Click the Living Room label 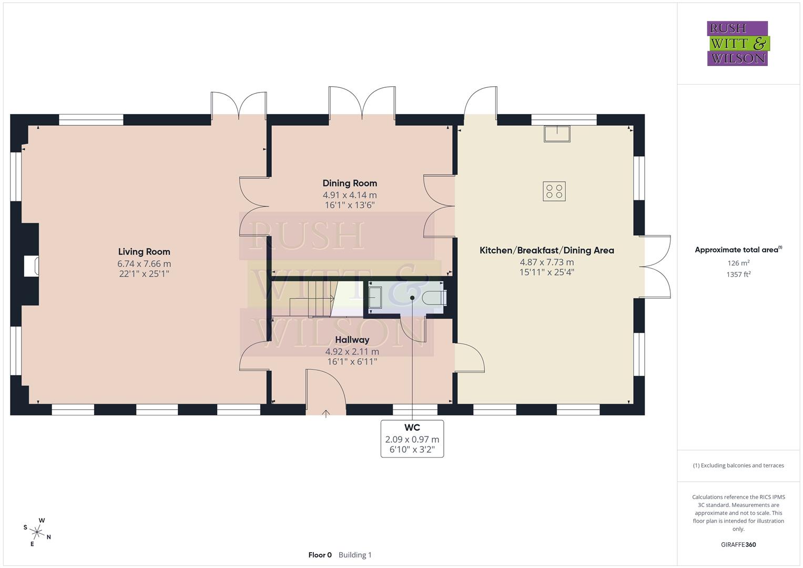pyautogui.click(x=144, y=252)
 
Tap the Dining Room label pyautogui.click(x=350, y=184)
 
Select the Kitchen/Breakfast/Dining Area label pyautogui.click(x=546, y=250)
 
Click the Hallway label pyautogui.click(x=352, y=340)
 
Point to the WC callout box pyautogui.click(x=412, y=439)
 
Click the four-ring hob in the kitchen pyautogui.click(x=554, y=191)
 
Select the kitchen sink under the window pyautogui.click(x=557, y=134)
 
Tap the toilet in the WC pyautogui.click(x=434, y=298)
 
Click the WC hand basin pyautogui.click(x=375, y=297)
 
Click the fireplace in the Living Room pyautogui.click(x=32, y=266)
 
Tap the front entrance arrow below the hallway pyautogui.click(x=326, y=413)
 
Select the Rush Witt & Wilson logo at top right pyautogui.click(x=737, y=44)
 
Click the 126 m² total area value pyautogui.click(x=738, y=263)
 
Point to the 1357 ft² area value pyautogui.click(x=738, y=274)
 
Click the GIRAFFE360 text pyautogui.click(x=738, y=545)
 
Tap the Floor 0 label pyautogui.click(x=320, y=555)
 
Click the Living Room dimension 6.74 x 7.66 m pyautogui.click(x=144, y=263)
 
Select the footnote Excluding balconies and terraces pyautogui.click(x=738, y=465)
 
